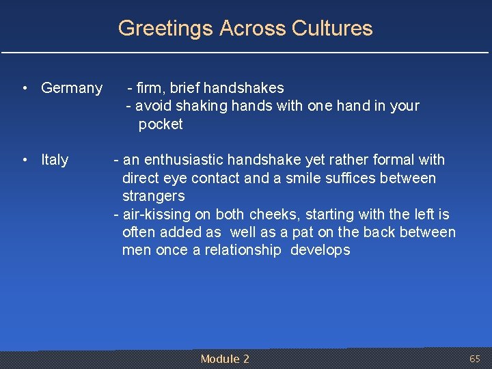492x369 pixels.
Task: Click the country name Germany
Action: pos(72,88)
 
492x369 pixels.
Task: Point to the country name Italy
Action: pos(55,160)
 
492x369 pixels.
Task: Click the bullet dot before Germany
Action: pos(24,88)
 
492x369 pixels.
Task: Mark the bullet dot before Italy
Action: pos(24,160)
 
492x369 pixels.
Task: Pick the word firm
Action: pos(148,88)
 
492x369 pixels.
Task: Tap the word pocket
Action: pos(161,124)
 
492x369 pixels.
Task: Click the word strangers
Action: pos(153,196)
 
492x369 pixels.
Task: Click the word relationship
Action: pos(243,250)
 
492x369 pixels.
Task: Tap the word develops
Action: pos(320,250)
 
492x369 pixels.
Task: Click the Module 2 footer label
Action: pos(225,359)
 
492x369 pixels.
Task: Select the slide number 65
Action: pos(475,359)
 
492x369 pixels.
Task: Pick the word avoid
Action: pos(153,106)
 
